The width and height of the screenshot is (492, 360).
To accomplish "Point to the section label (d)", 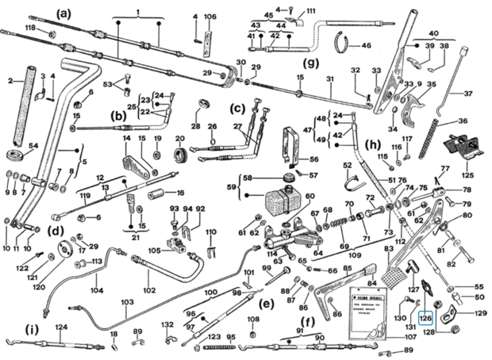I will click(x=56, y=232).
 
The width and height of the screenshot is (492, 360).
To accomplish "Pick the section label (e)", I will click(x=266, y=304).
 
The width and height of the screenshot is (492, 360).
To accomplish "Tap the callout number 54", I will click(x=33, y=147).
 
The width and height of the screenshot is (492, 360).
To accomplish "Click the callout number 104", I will click(x=97, y=291).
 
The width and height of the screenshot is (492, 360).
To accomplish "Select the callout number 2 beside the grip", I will click(x=10, y=80).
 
